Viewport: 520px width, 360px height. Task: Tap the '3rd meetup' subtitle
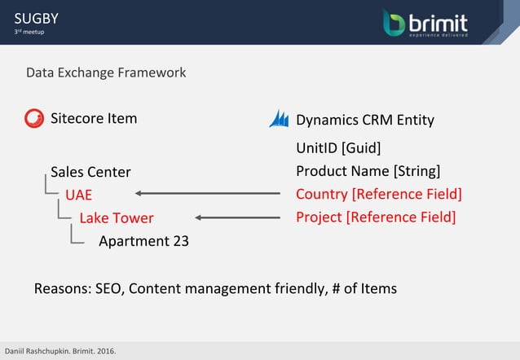[28, 32]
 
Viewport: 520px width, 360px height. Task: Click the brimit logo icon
[394, 23]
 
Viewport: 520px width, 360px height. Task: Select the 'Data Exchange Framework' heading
[106, 72]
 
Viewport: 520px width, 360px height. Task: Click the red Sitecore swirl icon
[34, 119]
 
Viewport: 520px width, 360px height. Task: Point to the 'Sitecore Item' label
[94, 118]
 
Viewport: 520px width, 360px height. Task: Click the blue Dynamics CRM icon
[279, 119]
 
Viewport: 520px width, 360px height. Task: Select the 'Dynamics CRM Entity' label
[364, 120]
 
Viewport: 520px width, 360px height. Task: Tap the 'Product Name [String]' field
[368, 171]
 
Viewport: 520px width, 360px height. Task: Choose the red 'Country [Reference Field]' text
[378, 194]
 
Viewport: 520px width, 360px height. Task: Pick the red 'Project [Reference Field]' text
[375, 217]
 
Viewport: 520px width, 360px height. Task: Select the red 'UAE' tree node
[79, 195]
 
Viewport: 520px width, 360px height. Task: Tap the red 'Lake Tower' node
[116, 217]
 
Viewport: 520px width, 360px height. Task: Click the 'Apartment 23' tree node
[143, 241]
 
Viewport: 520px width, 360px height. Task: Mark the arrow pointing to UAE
[207, 194]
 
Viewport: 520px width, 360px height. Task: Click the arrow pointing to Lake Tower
[237, 217]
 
